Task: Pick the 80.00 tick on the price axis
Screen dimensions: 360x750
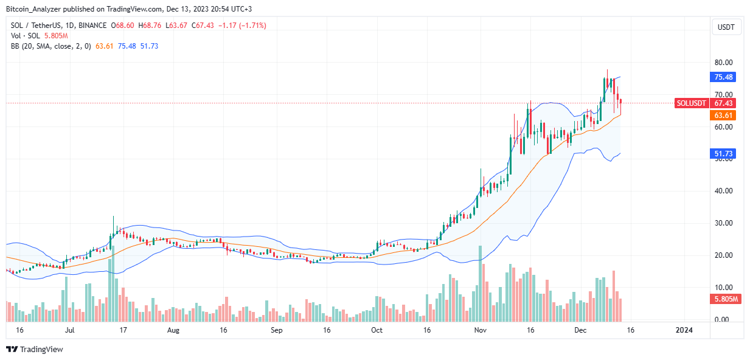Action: click(723, 63)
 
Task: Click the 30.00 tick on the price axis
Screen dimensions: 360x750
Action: click(723, 223)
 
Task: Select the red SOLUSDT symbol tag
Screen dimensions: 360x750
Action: click(692, 103)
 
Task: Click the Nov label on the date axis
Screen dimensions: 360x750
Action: click(481, 330)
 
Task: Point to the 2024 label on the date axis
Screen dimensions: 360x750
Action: click(684, 330)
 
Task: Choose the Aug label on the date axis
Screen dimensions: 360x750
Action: click(173, 330)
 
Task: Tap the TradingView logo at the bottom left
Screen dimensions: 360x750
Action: click(35, 350)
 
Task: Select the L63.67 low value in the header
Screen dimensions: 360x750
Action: click(179, 25)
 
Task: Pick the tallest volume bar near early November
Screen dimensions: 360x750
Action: click(481, 283)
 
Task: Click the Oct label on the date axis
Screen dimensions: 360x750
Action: click(377, 330)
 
